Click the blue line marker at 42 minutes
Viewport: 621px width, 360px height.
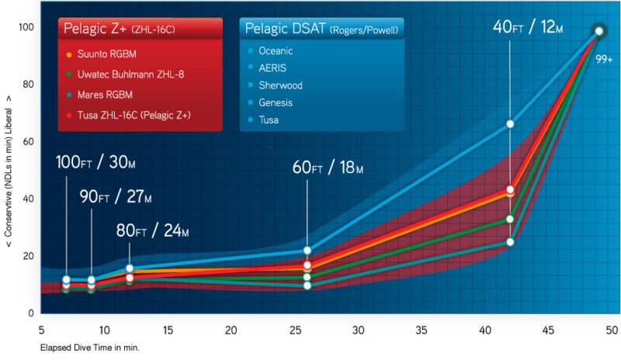click(510, 123)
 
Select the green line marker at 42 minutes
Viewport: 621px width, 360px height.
click(510, 219)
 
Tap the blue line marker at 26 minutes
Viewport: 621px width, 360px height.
click(307, 251)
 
